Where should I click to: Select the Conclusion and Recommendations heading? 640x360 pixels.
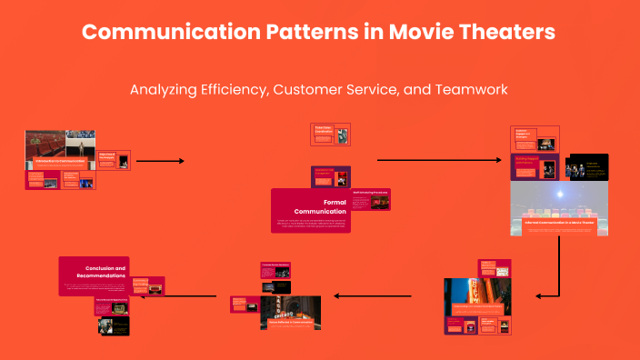[x=106, y=273]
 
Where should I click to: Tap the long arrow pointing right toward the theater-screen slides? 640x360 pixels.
[x=441, y=161]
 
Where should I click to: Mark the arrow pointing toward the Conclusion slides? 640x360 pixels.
[x=192, y=295]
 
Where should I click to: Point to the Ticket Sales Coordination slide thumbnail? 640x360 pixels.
[x=330, y=134]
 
